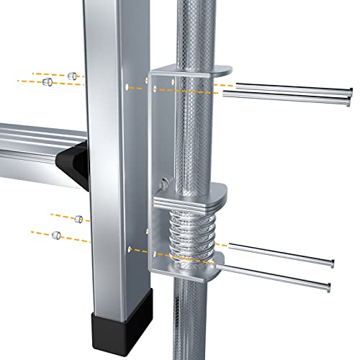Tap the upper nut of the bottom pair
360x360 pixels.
click(x=78, y=218)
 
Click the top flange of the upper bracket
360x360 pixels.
click(x=191, y=69)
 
